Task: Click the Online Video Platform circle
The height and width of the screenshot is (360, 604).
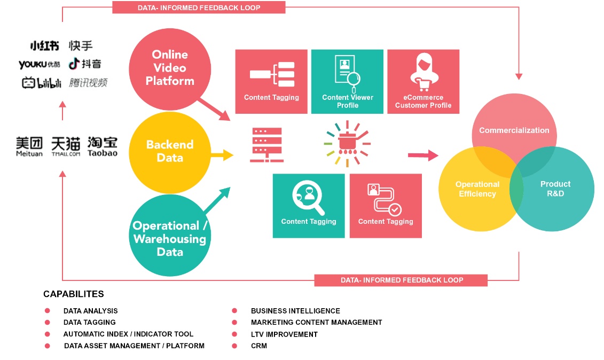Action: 170,68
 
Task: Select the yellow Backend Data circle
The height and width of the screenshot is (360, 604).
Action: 170,151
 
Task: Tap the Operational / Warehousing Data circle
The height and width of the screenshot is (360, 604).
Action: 170,239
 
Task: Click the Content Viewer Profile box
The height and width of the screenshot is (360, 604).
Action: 347,82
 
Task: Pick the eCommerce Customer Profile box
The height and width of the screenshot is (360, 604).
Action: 423,82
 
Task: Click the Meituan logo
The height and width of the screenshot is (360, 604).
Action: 29,146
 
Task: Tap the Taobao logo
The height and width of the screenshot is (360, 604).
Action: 103,146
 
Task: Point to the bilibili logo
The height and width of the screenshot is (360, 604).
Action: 42,83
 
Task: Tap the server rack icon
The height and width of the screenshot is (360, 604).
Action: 266,145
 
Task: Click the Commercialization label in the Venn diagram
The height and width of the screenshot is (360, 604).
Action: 514,130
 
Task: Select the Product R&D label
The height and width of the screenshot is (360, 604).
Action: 555,189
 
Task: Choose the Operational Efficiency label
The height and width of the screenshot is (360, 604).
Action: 477,189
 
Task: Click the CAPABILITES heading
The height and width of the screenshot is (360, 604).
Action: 74,294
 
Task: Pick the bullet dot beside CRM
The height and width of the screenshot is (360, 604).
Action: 234,346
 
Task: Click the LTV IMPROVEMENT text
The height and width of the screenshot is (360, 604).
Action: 284,334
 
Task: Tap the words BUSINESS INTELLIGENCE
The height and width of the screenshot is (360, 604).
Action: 295,311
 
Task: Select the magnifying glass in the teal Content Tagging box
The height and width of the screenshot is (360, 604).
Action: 308,198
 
